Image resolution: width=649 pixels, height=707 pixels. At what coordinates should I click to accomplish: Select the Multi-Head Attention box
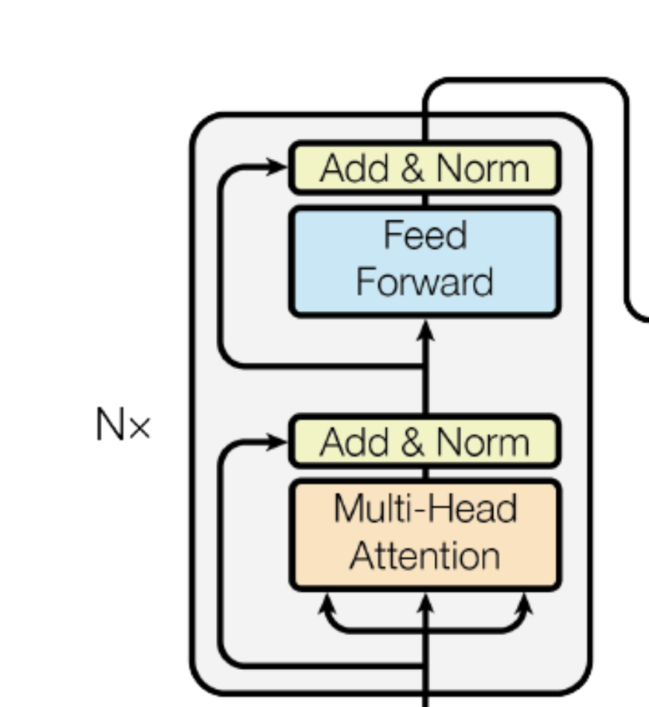point(424,533)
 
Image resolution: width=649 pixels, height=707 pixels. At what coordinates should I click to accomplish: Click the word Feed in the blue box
point(425,236)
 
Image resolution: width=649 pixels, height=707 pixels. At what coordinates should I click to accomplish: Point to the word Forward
point(425,282)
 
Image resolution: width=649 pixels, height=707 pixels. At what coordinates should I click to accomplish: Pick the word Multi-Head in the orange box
point(425,509)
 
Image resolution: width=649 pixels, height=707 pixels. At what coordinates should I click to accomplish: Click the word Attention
point(425,556)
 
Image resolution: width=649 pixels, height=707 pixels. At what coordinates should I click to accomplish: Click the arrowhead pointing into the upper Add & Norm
point(279,167)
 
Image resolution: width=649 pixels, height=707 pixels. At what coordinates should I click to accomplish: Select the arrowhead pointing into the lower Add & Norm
point(279,443)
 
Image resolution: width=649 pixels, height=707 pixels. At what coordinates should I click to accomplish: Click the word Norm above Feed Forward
point(483,169)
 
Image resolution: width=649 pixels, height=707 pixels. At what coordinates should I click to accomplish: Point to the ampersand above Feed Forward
point(413,169)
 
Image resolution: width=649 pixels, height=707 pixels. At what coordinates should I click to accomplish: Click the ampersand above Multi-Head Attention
point(413,443)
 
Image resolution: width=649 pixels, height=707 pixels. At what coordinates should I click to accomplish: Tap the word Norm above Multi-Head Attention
point(483,443)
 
